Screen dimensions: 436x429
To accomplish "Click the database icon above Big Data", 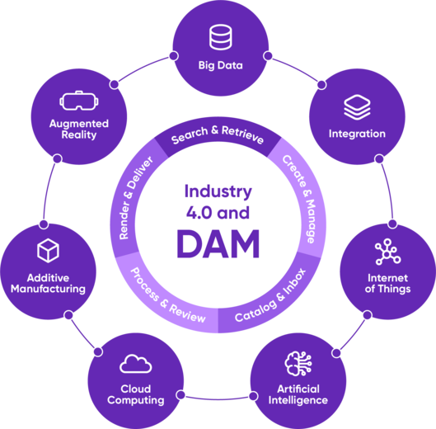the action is tap(221, 37).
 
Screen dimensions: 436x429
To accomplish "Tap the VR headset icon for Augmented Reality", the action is tap(79, 101).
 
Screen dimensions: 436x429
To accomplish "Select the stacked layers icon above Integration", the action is tap(357, 107).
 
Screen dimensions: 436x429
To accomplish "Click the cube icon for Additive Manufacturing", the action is tap(48, 251).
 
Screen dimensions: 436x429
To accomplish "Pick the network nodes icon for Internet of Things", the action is tap(388, 252).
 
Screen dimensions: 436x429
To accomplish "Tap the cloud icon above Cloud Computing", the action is tap(136, 364).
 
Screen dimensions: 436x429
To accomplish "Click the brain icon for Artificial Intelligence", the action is tap(298, 364).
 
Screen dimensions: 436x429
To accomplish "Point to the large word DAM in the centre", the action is tap(218, 244).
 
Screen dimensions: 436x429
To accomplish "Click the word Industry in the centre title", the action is tap(218, 192).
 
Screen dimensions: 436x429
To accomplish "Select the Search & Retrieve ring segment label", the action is tap(218, 134).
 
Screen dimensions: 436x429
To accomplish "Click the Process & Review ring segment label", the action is tap(167, 295).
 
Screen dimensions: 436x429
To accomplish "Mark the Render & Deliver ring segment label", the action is tap(135, 197).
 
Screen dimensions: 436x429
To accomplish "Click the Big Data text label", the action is tap(221, 65).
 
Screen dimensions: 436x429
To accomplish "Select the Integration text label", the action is tap(357, 134).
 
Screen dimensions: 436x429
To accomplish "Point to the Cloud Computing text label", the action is tap(136, 394).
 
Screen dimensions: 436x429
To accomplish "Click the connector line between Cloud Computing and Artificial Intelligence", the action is tap(217, 399).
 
